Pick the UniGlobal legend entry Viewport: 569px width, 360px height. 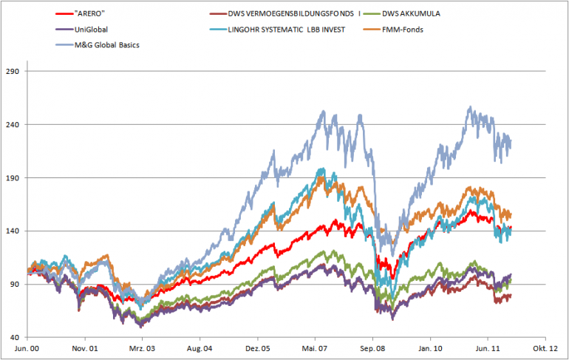92,29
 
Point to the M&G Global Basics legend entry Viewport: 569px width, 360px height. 109,45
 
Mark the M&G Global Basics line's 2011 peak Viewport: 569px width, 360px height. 470,107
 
